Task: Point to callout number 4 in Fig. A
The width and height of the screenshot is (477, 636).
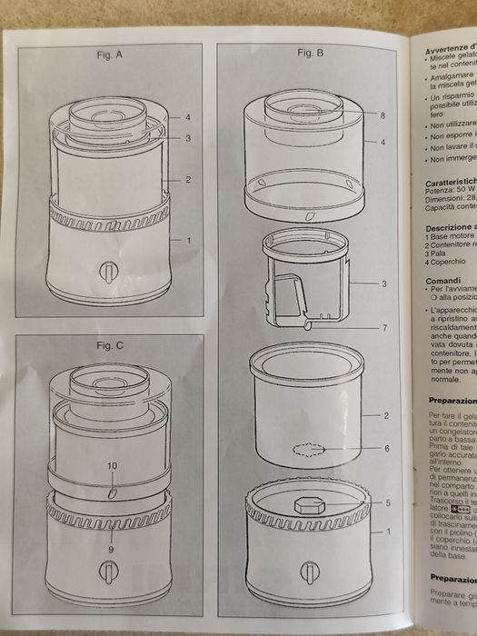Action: point(187,118)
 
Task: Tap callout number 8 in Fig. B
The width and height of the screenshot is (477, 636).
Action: point(383,115)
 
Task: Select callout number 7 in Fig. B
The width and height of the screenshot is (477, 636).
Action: point(384,326)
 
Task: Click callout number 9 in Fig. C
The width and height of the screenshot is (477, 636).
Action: point(112,550)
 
